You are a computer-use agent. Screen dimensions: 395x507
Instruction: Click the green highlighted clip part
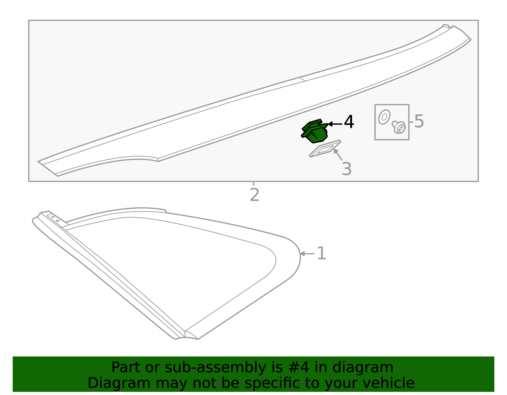(314, 132)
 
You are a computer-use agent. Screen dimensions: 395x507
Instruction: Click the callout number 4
(349, 122)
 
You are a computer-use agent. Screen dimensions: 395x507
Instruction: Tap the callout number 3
(347, 169)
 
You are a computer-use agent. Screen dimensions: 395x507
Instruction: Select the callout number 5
(419, 121)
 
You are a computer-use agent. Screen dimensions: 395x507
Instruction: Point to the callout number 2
(254, 195)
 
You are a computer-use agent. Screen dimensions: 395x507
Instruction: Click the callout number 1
(321, 254)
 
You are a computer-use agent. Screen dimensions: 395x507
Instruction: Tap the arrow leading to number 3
(338, 154)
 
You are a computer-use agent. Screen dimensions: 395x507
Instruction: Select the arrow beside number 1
(307, 254)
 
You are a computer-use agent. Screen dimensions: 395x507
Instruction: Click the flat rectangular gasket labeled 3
(325, 149)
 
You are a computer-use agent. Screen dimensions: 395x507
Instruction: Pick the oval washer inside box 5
(384, 117)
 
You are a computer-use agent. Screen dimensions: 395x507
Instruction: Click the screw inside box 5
(399, 127)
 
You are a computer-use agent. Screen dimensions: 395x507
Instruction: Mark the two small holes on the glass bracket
(55, 219)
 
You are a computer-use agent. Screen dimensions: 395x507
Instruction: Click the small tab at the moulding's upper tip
(446, 26)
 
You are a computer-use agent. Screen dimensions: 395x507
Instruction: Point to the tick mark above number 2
(253, 183)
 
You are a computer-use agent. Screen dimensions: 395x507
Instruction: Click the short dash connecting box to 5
(411, 122)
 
